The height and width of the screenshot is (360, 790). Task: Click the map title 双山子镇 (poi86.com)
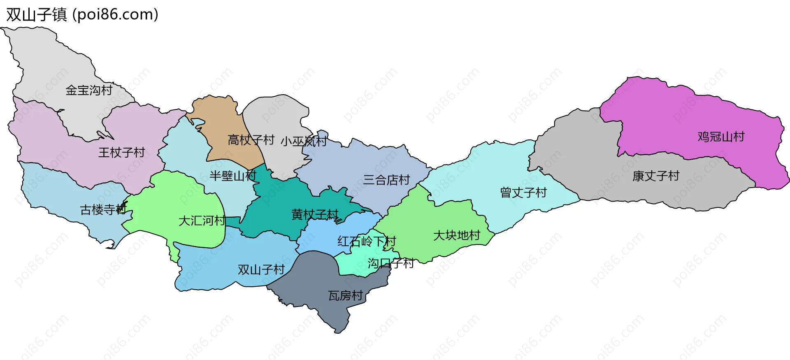[x=82, y=15]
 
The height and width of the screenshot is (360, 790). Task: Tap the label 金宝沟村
[x=89, y=90]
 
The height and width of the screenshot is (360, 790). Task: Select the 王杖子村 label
[x=121, y=153]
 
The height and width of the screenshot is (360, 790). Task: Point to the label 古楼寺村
[x=103, y=210]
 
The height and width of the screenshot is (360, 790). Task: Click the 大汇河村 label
[x=202, y=221]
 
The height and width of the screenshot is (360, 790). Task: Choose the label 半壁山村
[x=233, y=176]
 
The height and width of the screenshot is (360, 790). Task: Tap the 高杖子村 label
[x=251, y=140]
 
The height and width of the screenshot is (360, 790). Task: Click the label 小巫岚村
[x=304, y=142]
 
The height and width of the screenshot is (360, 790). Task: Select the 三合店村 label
[x=386, y=180]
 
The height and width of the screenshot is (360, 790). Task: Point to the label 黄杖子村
[x=315, y=214]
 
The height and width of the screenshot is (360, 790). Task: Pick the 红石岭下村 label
[x=366, y=241]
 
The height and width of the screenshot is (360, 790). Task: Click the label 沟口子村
[x=390, y=263]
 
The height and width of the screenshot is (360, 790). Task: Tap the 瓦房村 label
[x=346, y=296]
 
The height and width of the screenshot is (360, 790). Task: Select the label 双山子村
[x=261, y=270]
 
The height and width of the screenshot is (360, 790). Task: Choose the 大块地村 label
[x=457, y=235]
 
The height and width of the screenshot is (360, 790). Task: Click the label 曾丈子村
[x=523, y=193]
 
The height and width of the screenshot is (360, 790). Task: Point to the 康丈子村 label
[x=656, y=176]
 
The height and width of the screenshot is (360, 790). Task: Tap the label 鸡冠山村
[x=721, y=137]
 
